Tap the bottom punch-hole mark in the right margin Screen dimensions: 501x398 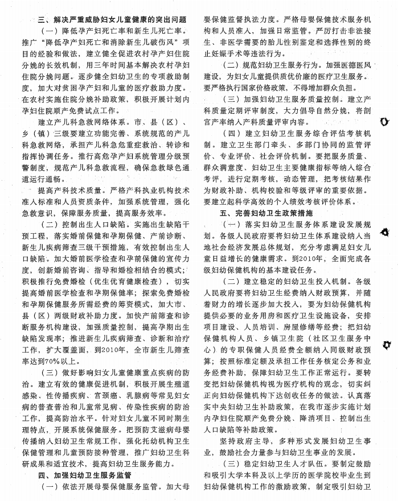point(389,345)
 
